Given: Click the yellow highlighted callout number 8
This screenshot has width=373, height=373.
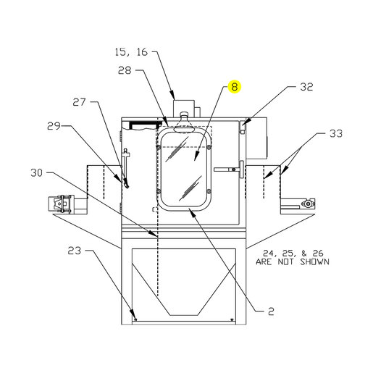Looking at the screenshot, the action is pos(235,87).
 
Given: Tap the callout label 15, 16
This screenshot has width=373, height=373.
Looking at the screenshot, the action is pos(131,52).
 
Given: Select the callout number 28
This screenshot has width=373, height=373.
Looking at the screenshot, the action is pos(125,70).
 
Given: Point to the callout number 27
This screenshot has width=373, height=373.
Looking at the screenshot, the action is pos(80,102).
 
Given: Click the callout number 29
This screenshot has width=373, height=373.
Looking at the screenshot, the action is pos(54,126).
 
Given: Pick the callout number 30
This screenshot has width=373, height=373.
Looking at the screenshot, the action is pos(36,173).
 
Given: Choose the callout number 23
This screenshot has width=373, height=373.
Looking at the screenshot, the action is pos(74,251).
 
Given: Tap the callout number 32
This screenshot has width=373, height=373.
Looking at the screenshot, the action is pos(307,87).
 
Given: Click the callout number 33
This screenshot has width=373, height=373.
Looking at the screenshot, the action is pos(336,133).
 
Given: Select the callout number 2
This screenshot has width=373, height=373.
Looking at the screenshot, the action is pos(271,311).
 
